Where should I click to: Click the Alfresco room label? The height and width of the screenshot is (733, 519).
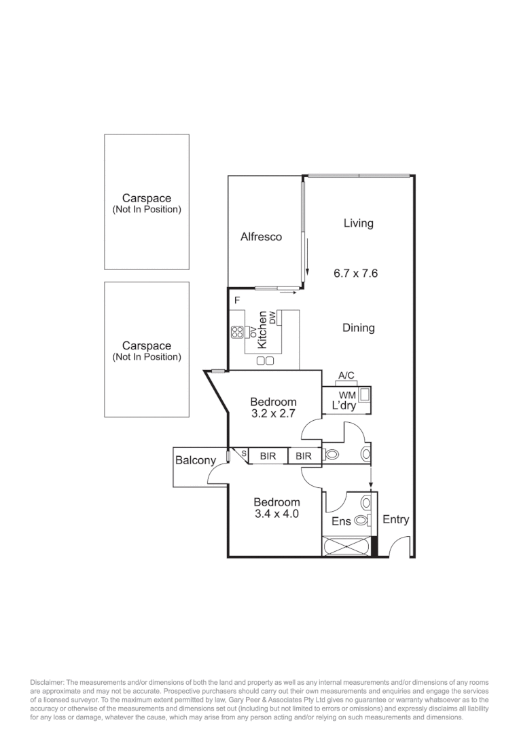coord(261,237)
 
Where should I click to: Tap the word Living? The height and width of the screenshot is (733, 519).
coord(358,223)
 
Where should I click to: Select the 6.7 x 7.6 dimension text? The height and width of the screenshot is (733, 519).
coord(355,274)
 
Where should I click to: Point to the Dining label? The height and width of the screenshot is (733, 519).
coord(358,328)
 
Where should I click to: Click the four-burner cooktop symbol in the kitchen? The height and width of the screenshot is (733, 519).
coord(238,332)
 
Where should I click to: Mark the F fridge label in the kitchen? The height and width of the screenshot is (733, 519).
coord(237,300)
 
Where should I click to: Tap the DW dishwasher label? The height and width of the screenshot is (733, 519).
coord(272,317)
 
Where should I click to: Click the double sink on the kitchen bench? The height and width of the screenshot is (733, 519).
coord(265,360)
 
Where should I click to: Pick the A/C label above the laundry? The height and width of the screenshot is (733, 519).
coord(346,375)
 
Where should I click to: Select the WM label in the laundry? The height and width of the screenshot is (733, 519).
coord(347,394)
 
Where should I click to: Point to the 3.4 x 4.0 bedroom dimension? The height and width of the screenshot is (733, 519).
coord(276,514)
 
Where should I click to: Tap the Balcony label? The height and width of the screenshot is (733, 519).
coord(196,460)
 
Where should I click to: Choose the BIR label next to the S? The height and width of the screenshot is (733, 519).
coord(268,456)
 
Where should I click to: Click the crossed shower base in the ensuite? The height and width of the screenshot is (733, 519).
coord(346,546)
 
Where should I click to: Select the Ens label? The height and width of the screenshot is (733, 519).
coord(340,522)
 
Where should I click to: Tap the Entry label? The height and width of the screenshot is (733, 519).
coord(395,519)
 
